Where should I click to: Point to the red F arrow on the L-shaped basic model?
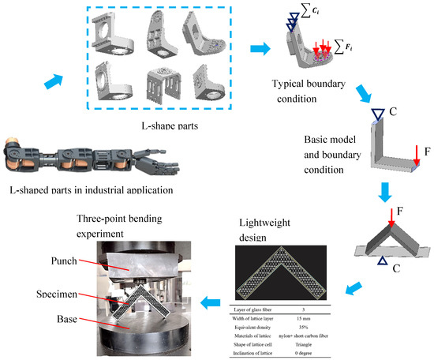pos(418,163)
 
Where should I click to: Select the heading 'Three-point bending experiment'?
pos(134,219)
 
